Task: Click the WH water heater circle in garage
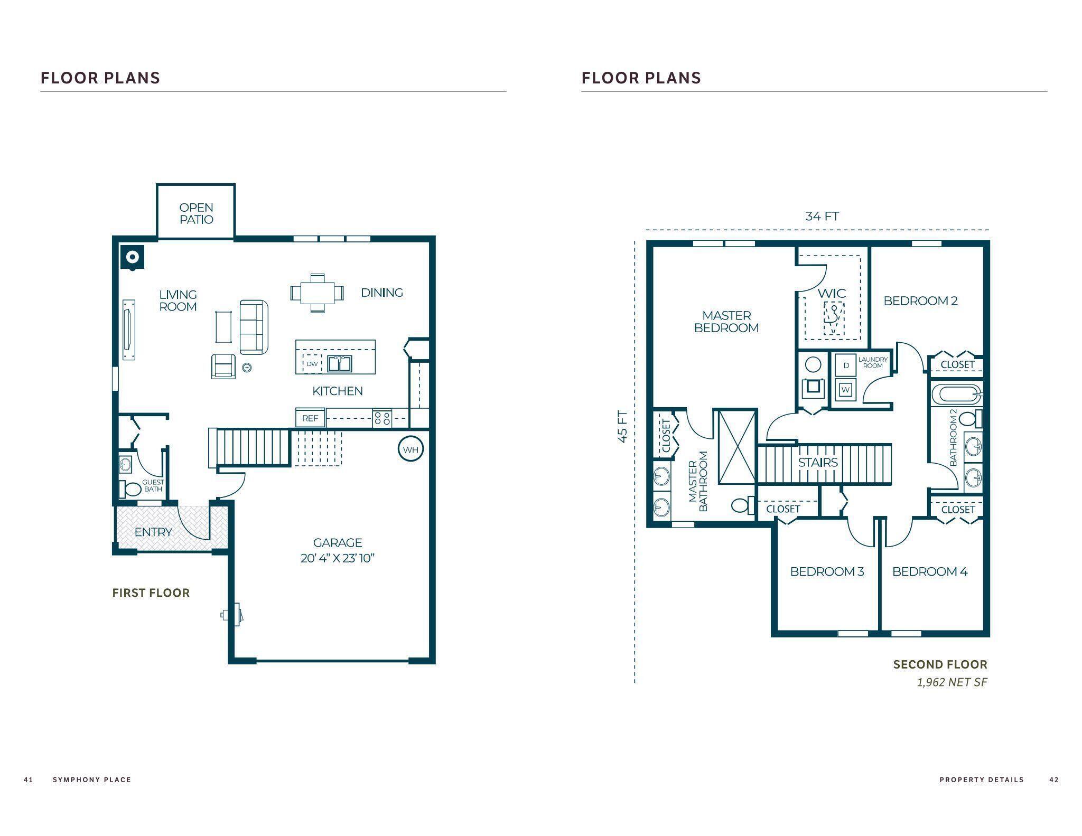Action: (x=411, y=449)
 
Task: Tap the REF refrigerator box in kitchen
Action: (x=310, y=418)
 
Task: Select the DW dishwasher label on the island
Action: (x=312, y=364)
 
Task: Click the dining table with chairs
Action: (x=317, y=293)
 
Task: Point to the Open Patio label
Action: (x=196, y=213)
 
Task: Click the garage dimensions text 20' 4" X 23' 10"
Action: (x=337, y=558)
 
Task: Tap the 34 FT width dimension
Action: (x=822, y=216)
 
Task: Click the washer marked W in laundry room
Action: (x=845, y=390)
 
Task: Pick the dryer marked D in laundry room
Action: (x=846, y=365)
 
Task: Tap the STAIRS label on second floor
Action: (x=818, y=463)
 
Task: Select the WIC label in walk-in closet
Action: (x=832, y=293)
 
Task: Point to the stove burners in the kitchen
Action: (x=383, y=418)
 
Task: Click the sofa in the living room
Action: (x=254, y=327)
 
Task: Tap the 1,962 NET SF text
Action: (x=952, y=682)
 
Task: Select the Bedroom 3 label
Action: (x=826, y=571)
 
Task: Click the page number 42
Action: (x=1053, y=779)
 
